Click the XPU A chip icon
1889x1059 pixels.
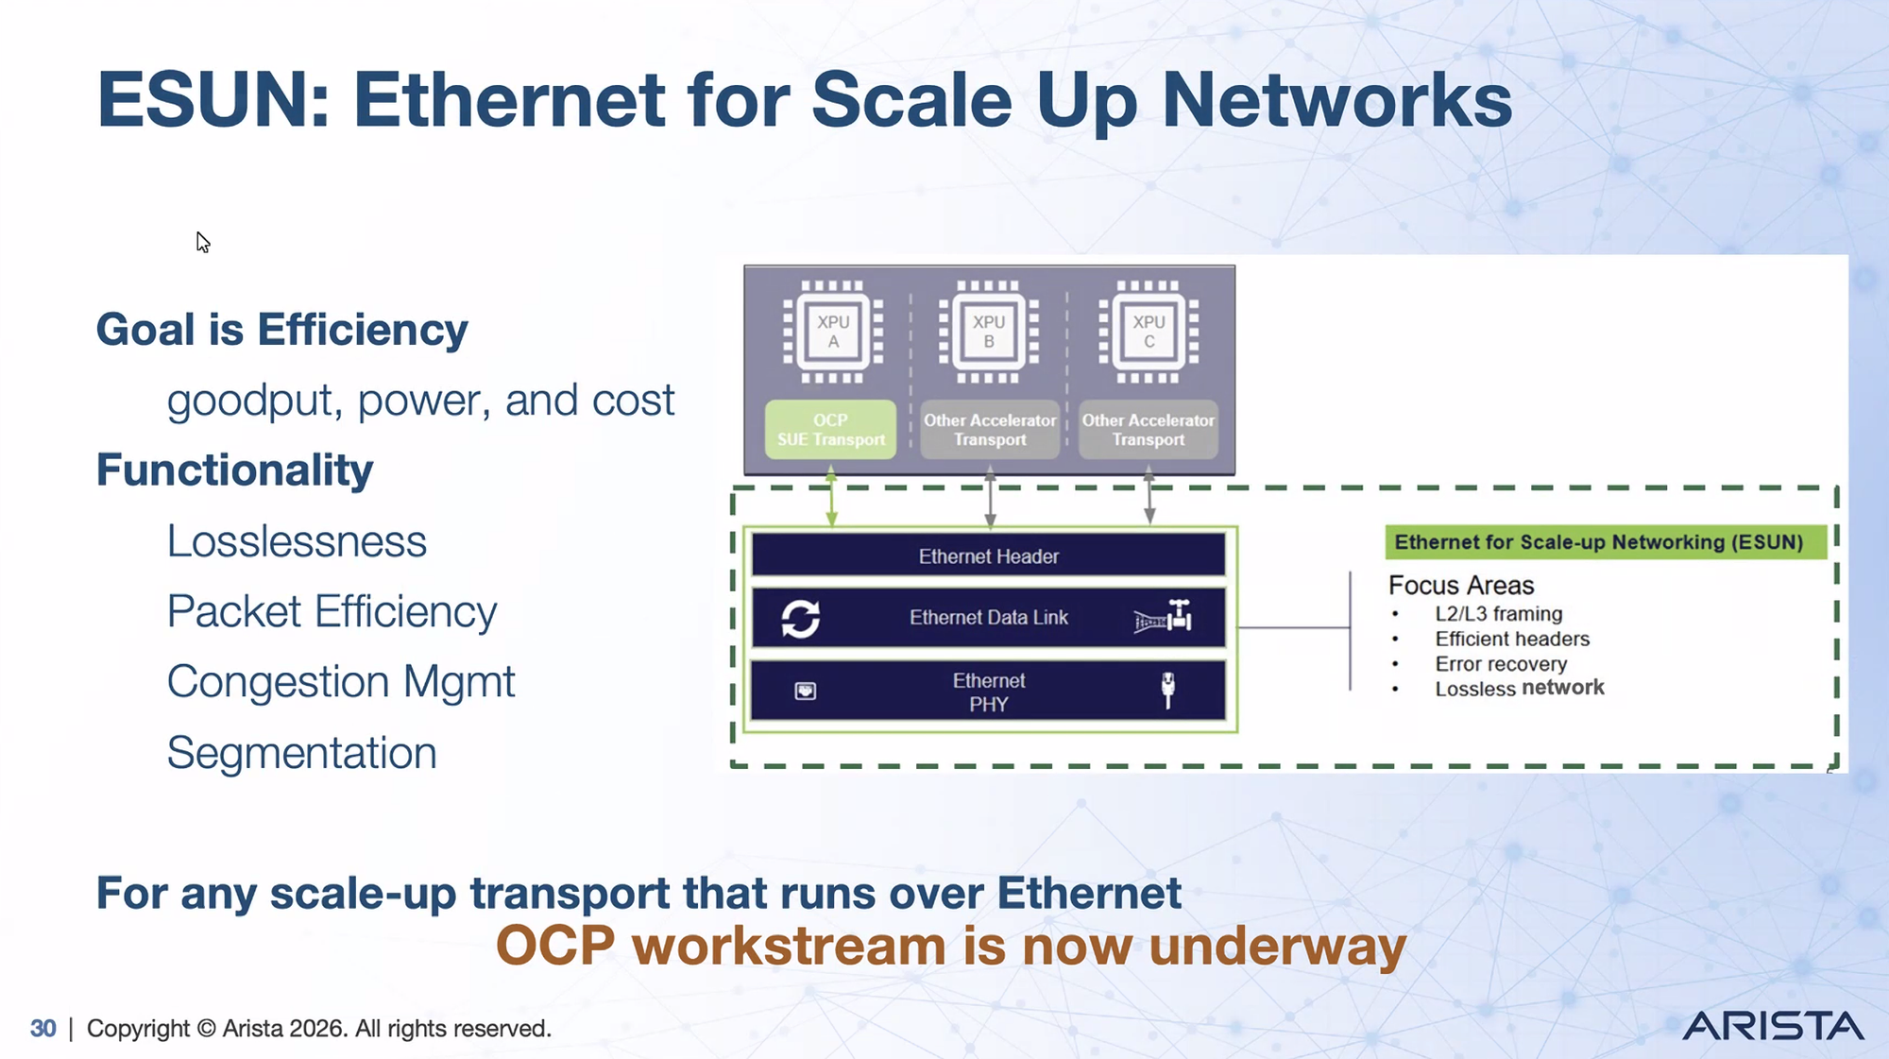[833, 332]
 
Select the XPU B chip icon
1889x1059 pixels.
[989, 332]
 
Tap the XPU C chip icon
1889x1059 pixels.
[1149, 332]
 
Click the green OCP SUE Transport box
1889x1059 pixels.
[830, 430]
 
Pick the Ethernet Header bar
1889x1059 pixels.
[989, 555]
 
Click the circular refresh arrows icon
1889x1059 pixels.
[801, 619]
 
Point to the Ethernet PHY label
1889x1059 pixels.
[989, 692]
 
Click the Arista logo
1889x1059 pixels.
[1773, 1026]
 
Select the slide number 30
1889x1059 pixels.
[43, 1028]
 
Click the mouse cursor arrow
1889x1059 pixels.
[202, 242]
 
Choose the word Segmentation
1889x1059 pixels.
[301, 753]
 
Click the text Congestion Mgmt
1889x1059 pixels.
[341, 682]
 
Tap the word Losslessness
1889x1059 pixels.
[297, 541]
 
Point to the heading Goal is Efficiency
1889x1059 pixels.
[281, 330]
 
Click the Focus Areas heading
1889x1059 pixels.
[1461, 586]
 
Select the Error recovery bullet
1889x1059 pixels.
[1501, 664]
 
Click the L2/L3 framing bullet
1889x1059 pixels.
[1499, 614]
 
